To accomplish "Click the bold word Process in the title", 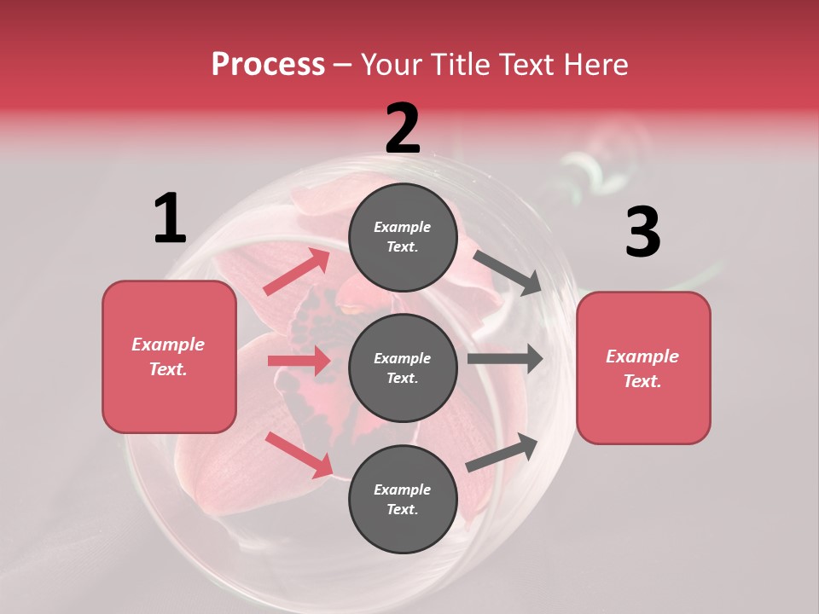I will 268,65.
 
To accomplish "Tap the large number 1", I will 170,218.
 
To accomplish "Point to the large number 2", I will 403,129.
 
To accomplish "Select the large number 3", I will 642,232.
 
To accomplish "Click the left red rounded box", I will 169,356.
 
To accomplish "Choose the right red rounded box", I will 643,368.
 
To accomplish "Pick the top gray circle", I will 403,237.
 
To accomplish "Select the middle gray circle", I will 403,368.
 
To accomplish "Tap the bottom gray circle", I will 403,499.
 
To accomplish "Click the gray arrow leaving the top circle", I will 505,272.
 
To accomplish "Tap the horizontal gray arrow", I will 504,358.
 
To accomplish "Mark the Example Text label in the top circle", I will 403,237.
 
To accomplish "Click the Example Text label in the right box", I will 642,368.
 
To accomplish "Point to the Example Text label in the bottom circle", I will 403,499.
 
